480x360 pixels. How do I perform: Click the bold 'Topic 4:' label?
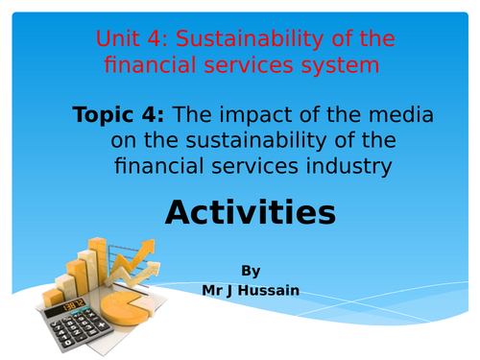pos(118,115)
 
